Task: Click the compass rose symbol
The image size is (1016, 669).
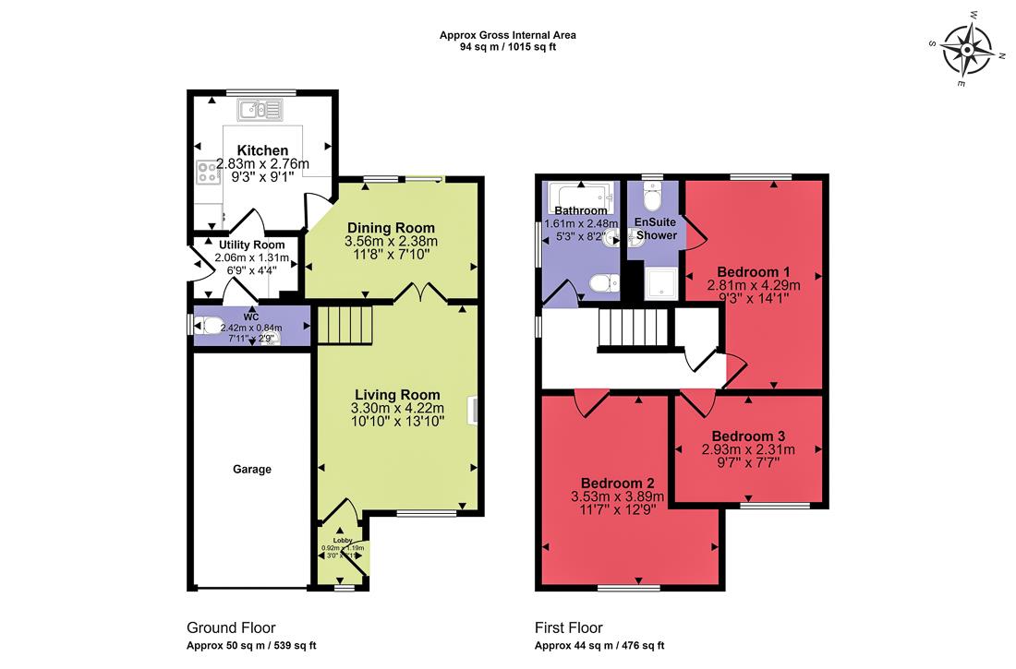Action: pos(967,48)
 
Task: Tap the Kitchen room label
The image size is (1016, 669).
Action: pos(262,150)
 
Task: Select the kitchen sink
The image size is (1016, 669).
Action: pos(263,111)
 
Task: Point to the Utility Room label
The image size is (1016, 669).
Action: pos(251,245)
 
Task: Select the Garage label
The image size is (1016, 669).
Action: pos(251,470)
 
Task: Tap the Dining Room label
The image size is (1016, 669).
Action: pos(390,228)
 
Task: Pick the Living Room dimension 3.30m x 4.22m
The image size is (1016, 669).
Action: pos(397,408)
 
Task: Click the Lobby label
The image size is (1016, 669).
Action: pos(343,540)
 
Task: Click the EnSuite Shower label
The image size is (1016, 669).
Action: pos(655,229)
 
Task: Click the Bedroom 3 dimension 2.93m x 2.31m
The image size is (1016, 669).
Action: pos(747,450)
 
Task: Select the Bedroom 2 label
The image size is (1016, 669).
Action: pos(618,483)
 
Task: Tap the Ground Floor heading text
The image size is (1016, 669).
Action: pos(231,627)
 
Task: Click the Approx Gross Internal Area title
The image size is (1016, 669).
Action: pos(508,36)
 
